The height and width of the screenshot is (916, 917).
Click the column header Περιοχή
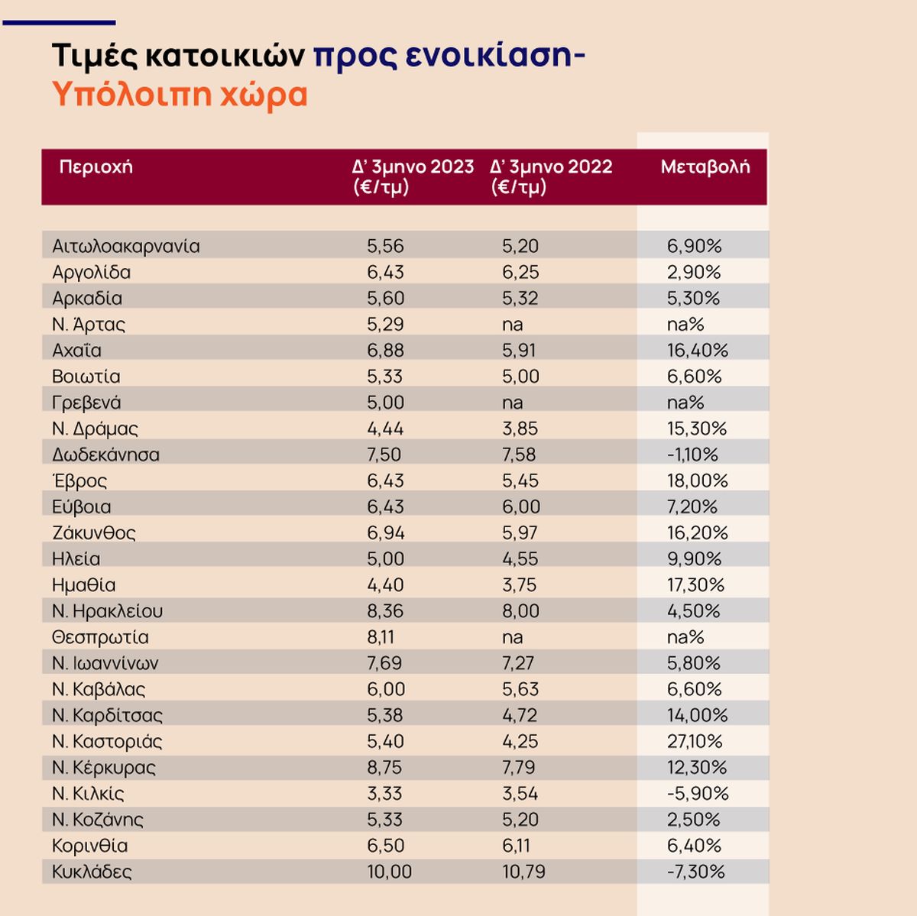click(96, 167)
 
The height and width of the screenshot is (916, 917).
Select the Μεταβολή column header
click(705, 167)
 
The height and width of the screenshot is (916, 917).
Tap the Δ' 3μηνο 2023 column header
click(413, 176)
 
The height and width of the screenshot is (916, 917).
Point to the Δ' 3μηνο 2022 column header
click(551, 176)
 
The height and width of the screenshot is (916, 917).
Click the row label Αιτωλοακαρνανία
click(126, 246)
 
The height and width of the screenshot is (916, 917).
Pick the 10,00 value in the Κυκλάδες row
click(389, 872)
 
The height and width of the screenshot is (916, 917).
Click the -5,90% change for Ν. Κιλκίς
click(698, 793)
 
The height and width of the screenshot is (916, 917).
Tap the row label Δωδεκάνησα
click(105, 455)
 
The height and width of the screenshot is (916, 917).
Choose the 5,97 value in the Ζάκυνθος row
click(520, 532)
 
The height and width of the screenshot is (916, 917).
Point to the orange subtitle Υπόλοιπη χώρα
click(180, 95)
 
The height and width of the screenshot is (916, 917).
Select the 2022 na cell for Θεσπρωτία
click(512, 637)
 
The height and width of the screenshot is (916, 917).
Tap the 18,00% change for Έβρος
click(697, 481)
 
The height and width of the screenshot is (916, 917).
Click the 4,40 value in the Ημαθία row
click(385, 584)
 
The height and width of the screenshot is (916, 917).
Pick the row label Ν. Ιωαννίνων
click(105, 663)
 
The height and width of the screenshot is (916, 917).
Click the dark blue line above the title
click(59, 23)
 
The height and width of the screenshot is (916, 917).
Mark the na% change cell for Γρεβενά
click(685, 403)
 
